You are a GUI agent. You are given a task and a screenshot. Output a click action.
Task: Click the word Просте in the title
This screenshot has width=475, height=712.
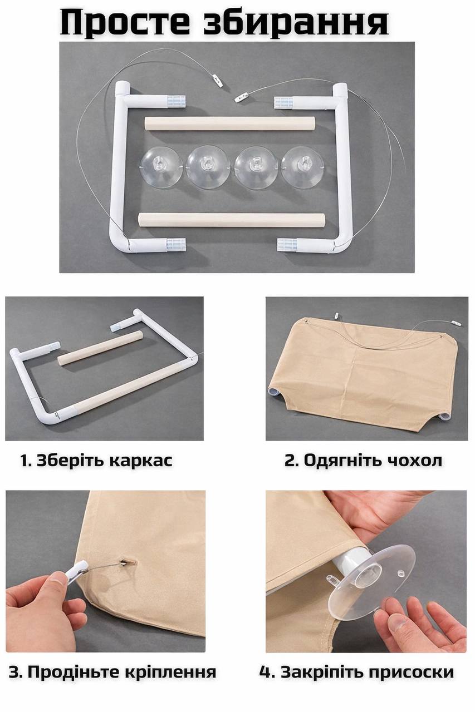(x=128, y=23)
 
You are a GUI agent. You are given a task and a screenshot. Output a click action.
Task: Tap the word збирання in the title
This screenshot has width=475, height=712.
(x=296, y=23)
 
